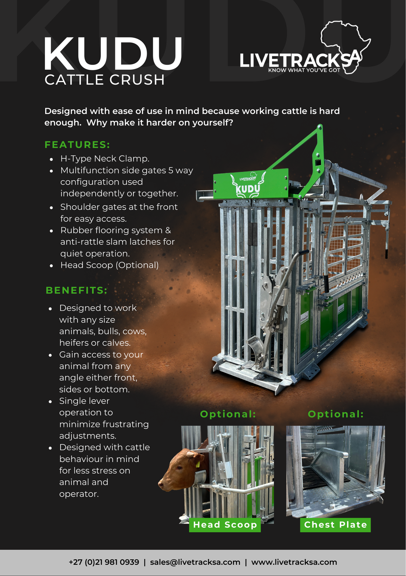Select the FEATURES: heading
coord(77,145)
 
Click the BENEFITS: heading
coord(77,290)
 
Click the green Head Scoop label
coord(225,525)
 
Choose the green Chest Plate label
coord(335,525)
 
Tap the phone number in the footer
coord(104,562)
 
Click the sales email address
coord(195,562)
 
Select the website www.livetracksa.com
coord(294,562)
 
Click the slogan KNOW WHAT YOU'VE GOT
coord(304,70)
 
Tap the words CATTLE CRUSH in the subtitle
coord(105,80)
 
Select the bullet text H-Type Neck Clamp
coord(105,159)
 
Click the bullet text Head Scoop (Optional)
coord(109,265)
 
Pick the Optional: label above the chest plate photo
coord(336,414)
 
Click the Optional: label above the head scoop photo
coord(228,414)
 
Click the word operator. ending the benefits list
coord(79,494)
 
